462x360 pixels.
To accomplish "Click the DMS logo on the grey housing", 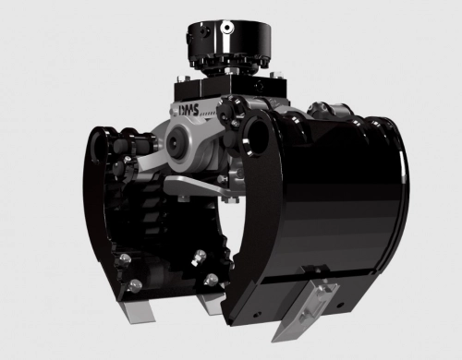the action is click(188, 110).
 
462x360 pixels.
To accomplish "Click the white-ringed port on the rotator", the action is click(227, 28).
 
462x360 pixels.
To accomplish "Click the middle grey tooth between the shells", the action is click(212, 305).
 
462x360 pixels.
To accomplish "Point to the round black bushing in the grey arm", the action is click(176, 142).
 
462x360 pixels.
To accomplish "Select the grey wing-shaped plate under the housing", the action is click(197, 186).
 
